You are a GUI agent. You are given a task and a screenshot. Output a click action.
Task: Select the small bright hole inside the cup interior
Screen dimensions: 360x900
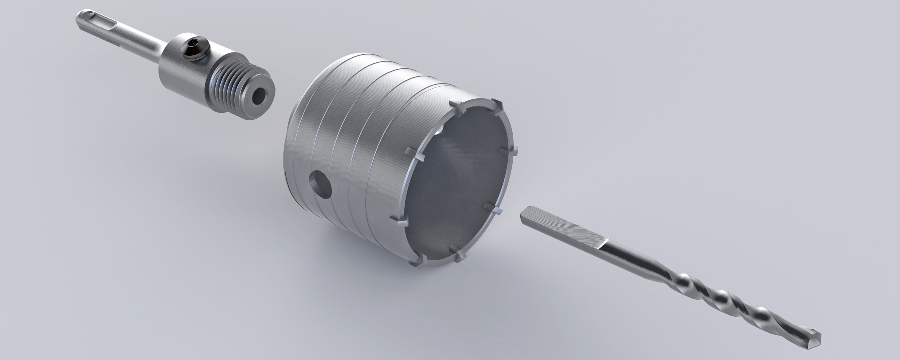click(x=440, y=128)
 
